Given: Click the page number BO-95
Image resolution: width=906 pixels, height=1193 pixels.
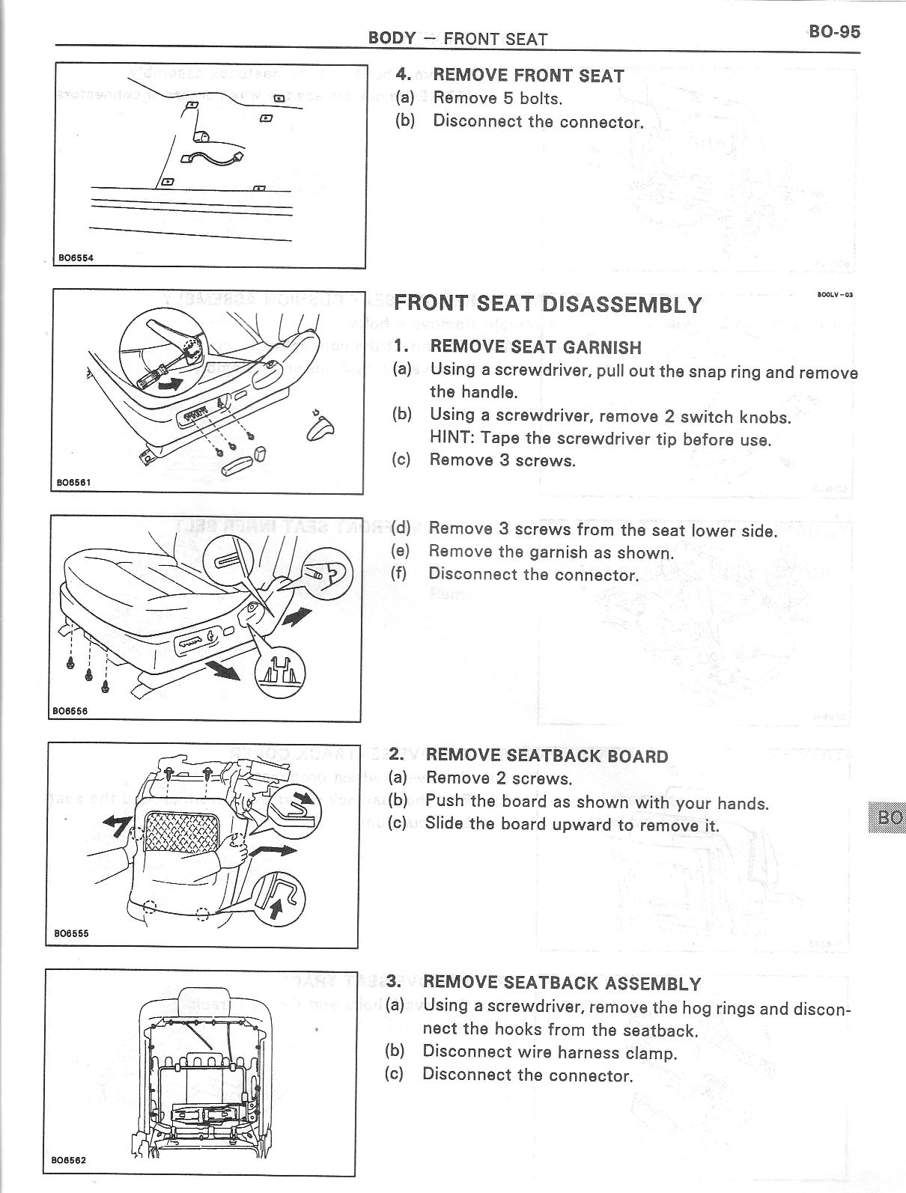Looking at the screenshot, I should [835, 31].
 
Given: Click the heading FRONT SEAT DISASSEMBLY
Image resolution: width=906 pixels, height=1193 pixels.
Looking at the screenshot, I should [547, 305].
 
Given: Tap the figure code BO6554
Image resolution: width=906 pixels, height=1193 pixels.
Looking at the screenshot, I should [75, 258].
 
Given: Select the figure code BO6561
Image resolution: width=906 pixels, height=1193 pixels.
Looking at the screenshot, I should [74, 483].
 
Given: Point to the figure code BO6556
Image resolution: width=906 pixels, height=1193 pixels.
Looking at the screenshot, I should [70, 711].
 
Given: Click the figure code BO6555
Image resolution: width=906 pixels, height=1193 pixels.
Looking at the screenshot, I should [71, 933].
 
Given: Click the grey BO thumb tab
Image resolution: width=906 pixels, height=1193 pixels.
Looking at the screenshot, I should [888, 818].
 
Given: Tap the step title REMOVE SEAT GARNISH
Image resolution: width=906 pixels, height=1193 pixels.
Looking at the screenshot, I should [535, 347].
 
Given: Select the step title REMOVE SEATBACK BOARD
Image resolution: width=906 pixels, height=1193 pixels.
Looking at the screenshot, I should [546, 756].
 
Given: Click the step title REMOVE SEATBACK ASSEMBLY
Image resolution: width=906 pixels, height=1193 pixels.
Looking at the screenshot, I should [562, 983].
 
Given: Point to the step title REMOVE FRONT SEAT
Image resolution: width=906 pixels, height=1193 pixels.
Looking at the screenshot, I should [528, 76].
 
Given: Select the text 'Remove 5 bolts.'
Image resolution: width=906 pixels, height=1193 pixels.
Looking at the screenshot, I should [498, 98].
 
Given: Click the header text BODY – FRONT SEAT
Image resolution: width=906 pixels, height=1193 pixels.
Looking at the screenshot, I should [457, 38].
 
